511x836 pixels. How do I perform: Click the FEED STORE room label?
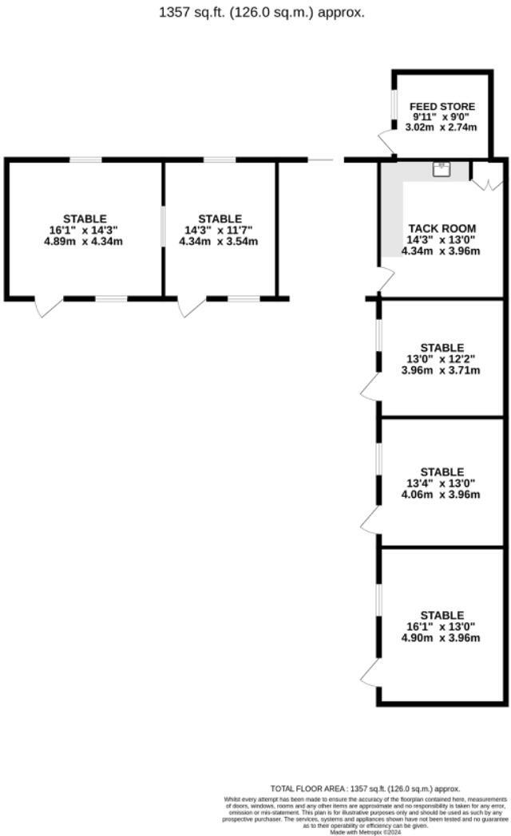(x=442, y=106)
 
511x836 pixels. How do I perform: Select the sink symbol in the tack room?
(x=442, y=168)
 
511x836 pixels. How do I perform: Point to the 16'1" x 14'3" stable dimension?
(x=85, y=230)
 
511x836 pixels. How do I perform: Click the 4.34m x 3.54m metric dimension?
(x=220, y=241)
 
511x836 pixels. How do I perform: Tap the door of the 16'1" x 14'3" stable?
(x=48, y=306)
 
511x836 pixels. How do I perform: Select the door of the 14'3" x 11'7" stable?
(x=190, y=306)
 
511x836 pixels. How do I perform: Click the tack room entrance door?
(x=386, y=279)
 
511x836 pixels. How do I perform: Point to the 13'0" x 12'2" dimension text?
(x=442, y=359)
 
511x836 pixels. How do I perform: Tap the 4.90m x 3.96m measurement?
(x=442, y=638)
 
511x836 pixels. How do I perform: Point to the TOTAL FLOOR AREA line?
(x=365, y=789)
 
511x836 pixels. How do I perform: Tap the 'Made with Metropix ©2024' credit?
(x=365, y=831)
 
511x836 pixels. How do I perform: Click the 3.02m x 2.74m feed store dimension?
(x=442, y=128)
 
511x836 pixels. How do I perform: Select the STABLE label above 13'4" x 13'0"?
(x=442, y=471)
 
